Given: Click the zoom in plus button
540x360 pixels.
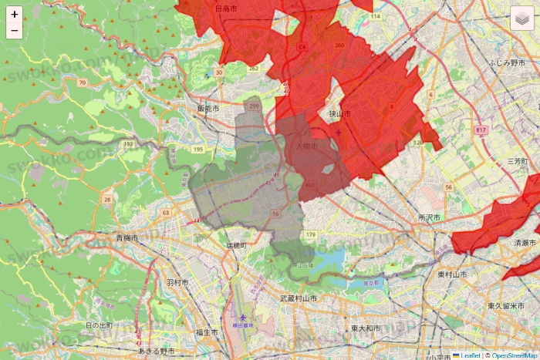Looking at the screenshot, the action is pos(15,15).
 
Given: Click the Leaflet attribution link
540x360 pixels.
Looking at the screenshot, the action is pos(470,355).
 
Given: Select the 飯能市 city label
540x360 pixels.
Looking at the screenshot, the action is pos(208,109).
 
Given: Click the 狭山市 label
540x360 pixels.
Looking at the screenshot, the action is pos(339,114).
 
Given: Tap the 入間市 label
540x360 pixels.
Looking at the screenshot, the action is pos(307,146).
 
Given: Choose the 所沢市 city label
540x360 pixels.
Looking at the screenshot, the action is pos(428,218).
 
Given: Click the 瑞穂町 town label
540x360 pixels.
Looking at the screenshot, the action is pos(236,245).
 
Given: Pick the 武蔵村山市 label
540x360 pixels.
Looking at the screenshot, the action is pos(299,298).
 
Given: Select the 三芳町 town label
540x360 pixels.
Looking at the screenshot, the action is pos(516,161).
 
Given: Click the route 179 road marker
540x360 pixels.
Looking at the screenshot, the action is pos(311,234).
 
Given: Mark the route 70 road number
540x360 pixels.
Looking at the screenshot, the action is pos(82,82).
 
